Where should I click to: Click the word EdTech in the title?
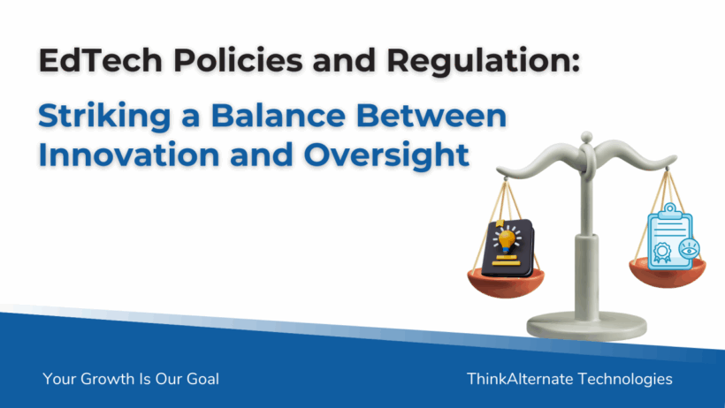pos(100,60)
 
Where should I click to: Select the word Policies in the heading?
pos(238,60)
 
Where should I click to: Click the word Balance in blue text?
pos(279,115)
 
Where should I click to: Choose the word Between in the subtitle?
pos(431,115)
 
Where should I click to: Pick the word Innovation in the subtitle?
pos(129,155)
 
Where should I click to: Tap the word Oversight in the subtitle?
pos(386,155)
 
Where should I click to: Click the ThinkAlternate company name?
pos(520,379)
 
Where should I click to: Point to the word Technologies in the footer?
pos(625,380)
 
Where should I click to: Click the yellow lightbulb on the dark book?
pos(507,241)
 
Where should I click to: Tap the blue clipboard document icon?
pos(670,237)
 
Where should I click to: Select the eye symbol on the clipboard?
pos(689,249)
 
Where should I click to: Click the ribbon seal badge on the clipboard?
pos(662,253)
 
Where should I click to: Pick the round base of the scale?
pos(587,326)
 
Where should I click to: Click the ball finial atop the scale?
pos(587,137)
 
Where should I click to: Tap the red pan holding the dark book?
pos(506,283)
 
